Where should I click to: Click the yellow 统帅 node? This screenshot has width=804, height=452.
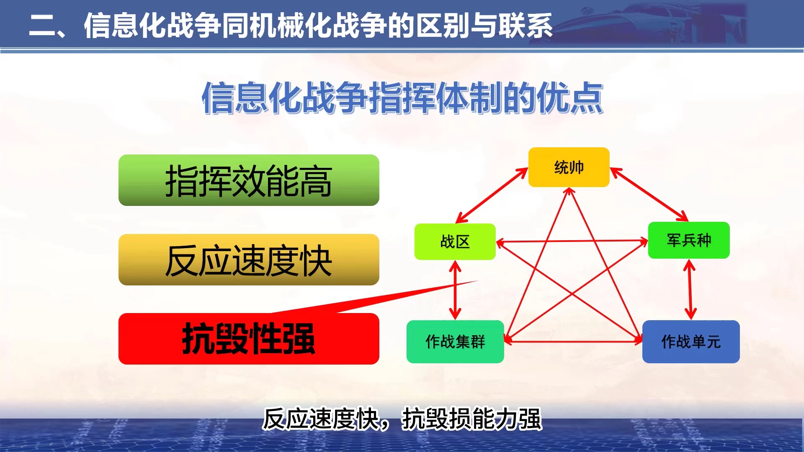point(569,167)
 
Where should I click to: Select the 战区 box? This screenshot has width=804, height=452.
point(455,241)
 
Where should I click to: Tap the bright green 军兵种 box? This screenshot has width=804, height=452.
point(689,240)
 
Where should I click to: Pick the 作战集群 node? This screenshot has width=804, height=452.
point(455,342)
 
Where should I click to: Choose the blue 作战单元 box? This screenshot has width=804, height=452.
point(691,342)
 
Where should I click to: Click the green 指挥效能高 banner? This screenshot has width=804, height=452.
point(249,180)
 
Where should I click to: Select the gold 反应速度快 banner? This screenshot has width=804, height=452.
point(249,260)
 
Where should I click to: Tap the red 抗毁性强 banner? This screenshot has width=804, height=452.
point(249,339)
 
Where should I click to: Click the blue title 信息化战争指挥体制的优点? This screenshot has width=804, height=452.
point(402,98)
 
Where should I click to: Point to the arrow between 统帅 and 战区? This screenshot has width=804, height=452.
point(491,195)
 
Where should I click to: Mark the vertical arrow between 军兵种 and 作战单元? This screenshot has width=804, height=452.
point(690,290)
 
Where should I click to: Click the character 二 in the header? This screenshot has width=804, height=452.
point(43,26)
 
